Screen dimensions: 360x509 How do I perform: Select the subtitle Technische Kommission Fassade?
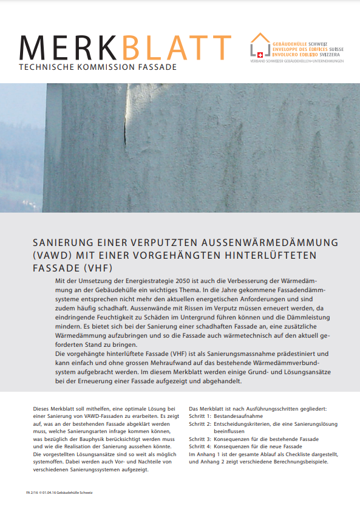point(98,67)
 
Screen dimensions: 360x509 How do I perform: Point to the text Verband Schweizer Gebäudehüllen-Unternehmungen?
point(297,62)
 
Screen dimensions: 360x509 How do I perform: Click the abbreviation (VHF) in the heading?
point(100,267)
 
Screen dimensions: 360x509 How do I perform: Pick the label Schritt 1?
point(200,417)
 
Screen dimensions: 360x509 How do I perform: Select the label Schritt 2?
point(200,424)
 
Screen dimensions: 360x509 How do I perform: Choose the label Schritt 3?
point(200,439)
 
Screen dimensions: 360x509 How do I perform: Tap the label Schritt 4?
point(200,446)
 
